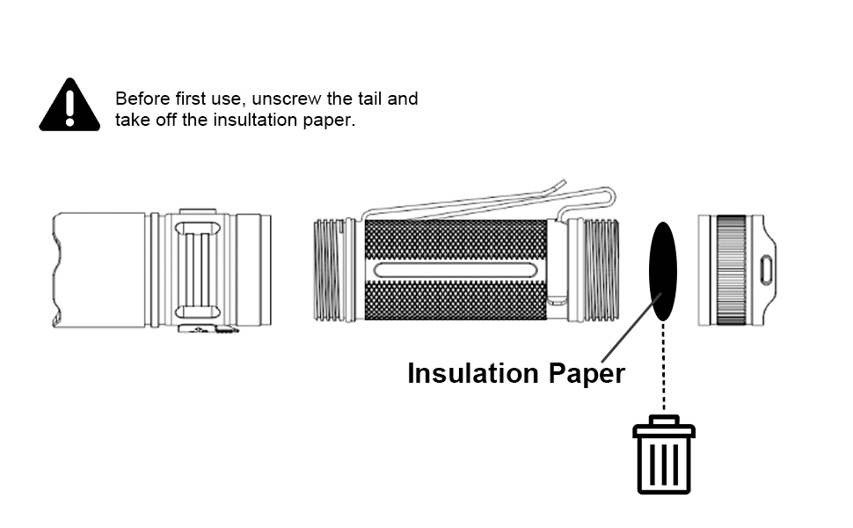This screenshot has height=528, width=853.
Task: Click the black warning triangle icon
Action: click(69, 106)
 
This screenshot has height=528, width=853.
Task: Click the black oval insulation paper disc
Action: click(663, 271)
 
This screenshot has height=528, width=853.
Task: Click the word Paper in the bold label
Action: click(587, 373)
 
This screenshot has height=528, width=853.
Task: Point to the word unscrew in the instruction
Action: click(286, 99)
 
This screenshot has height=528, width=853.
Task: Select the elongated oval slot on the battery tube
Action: click(455, 270)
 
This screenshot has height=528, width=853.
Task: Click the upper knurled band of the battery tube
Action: click(455, 239)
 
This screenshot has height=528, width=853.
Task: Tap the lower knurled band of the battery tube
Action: click(455, 301)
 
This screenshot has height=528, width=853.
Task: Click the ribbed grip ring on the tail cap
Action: click(731, 270)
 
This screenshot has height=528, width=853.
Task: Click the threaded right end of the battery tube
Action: click(604, 270)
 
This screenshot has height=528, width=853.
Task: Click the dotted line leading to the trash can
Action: click(663, 370)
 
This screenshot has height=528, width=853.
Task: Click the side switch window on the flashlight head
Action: click(199, 270)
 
